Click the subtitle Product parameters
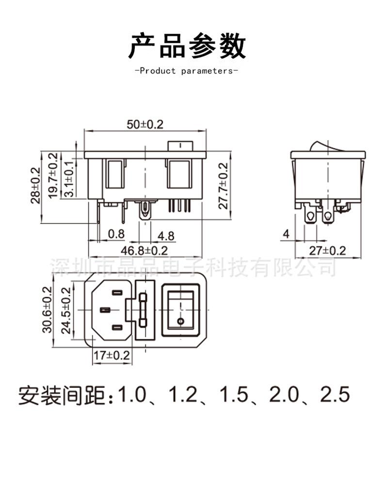[186, 71]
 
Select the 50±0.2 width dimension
[145, 124]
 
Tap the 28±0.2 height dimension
[36, 185]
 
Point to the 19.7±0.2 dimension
[53, 175]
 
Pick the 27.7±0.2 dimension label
[223, 185]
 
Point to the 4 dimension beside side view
[286, 234]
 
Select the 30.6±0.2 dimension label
[47, 309]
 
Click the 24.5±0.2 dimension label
[66, 309]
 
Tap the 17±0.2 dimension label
[112, 355]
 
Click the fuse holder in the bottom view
[143, 309]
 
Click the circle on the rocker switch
[181, 321]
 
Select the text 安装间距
[62, 396]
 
